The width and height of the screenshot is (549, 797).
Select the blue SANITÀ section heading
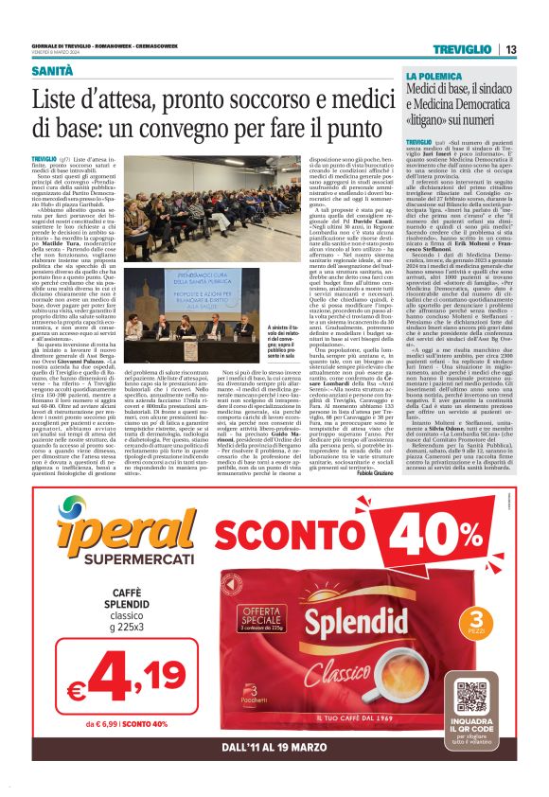tap(51, 70)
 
